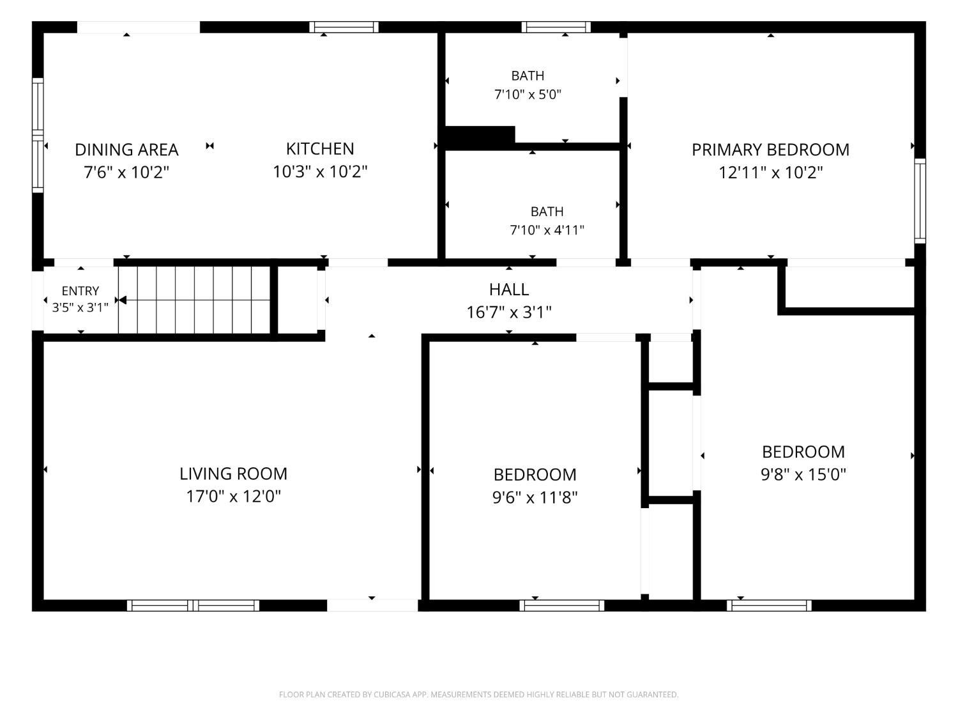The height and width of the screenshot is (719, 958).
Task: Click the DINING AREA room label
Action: pos(126,150)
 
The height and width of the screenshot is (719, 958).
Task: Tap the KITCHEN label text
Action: pos(320,149)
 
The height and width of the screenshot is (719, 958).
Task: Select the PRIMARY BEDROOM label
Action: pos(770,150)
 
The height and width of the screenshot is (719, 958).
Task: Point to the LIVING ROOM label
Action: pos(234,474)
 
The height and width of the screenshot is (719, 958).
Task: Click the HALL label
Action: pos(509,290)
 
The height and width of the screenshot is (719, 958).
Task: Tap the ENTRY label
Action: pos(80,291)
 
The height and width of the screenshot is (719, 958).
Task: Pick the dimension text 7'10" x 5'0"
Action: pos(528,95)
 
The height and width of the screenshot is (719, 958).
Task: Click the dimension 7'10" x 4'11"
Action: pos(547,230)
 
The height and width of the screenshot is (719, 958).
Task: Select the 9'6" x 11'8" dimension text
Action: pos(535,497)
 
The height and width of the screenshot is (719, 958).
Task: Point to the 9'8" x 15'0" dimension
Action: pos(803,474)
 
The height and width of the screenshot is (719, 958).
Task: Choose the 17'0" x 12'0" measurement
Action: pos(234,497)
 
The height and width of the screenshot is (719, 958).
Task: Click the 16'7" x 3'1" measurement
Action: pos(509,312)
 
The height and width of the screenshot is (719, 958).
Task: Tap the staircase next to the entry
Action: pos(194,300)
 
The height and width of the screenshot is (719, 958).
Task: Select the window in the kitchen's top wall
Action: pos(344,27)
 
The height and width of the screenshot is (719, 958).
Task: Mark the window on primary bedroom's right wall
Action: pos(920,201)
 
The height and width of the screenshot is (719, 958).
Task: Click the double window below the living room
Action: pos(193,605)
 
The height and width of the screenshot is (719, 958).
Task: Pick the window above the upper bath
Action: pos(556,27)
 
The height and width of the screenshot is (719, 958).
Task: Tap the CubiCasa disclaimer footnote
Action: pos(479,695)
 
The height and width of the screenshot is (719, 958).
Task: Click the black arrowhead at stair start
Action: pos(123,300)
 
